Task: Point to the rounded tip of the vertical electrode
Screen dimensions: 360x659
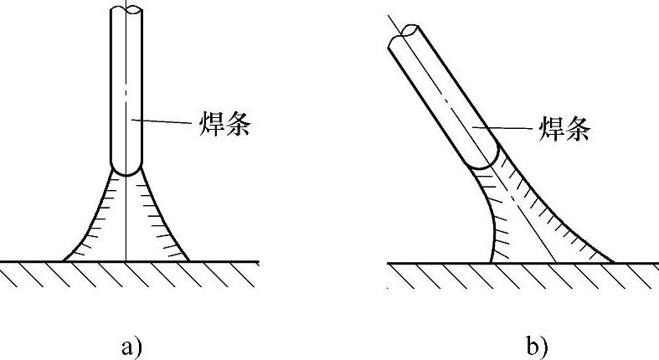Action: coord(126,170)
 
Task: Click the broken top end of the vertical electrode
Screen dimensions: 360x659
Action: coord(126,10)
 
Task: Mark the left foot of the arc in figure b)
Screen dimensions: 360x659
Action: coord(491,260)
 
